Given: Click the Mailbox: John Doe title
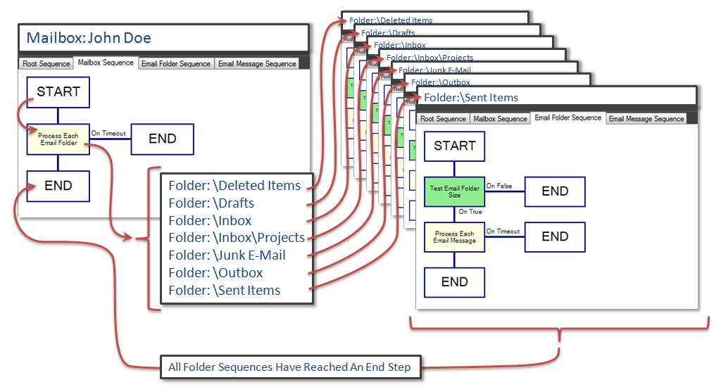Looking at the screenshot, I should [x=89, y=38].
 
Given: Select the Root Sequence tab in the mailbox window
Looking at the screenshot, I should [x=46, y=64].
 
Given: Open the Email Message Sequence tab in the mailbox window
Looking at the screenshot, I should [x=257, y=64].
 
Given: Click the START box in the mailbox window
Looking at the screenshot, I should [x=58, y=92].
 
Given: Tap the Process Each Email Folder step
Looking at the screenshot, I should [x=58, y=139].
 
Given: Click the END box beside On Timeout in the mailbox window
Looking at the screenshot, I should [x=162, y=139].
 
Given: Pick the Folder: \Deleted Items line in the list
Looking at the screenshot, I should [x=234, y=186].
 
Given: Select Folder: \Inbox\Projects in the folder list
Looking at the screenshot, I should [x=237, y=238].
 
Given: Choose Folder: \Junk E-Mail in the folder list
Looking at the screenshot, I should [x=227, y=255].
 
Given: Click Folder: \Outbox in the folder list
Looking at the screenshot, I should [x=215, y=273].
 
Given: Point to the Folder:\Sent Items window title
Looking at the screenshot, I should [x=471, y=98].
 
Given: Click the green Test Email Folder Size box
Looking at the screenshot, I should [x=455, y=191].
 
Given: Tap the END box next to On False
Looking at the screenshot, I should [x=555, y=191].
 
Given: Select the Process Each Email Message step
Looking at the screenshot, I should [x=455, y=237].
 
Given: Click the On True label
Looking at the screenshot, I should [x=470, y=212].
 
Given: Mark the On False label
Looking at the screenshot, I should [x=499, y=186].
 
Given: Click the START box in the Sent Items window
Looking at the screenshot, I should [x=455, y=146].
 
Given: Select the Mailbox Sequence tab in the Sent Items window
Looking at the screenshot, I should [x=500, y=119].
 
